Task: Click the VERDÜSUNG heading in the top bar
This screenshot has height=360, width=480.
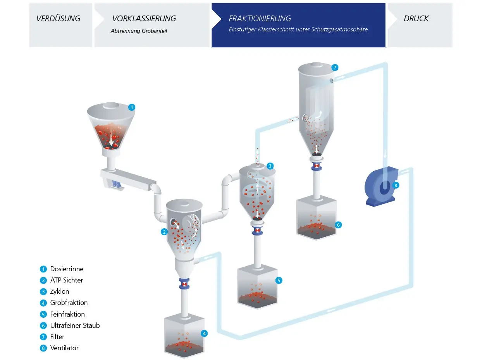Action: click(58, 19)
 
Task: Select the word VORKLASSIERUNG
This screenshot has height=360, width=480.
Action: click(144, 19)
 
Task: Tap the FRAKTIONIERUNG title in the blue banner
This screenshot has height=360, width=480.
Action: click(260, 19)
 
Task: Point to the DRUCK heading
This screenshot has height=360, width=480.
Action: click(416, 19)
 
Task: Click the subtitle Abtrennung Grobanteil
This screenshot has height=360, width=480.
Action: click(139, 31)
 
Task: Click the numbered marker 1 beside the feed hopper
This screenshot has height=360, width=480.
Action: click(131, 107)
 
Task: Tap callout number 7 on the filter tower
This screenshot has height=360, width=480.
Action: click(335, 67)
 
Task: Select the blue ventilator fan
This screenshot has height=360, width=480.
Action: click(381, 186)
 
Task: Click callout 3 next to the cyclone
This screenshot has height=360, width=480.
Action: click(270, 166)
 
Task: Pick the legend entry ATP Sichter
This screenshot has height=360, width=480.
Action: click(67, 280)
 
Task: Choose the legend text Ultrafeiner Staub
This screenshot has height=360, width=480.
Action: click(75, 326)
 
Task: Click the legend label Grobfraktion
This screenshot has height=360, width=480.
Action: click(69, 303)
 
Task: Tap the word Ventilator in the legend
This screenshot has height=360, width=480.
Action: click(64, 348)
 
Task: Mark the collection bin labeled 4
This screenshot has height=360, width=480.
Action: click(184, 335)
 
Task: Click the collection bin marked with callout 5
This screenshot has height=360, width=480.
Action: click(257, 286)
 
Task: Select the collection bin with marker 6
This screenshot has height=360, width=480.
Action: click(316, 218)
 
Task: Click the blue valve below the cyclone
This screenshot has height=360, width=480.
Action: click(257, 231)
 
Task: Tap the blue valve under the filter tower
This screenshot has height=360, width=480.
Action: click(316, 166)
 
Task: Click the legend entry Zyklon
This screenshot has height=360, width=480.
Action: click(60, 291)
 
